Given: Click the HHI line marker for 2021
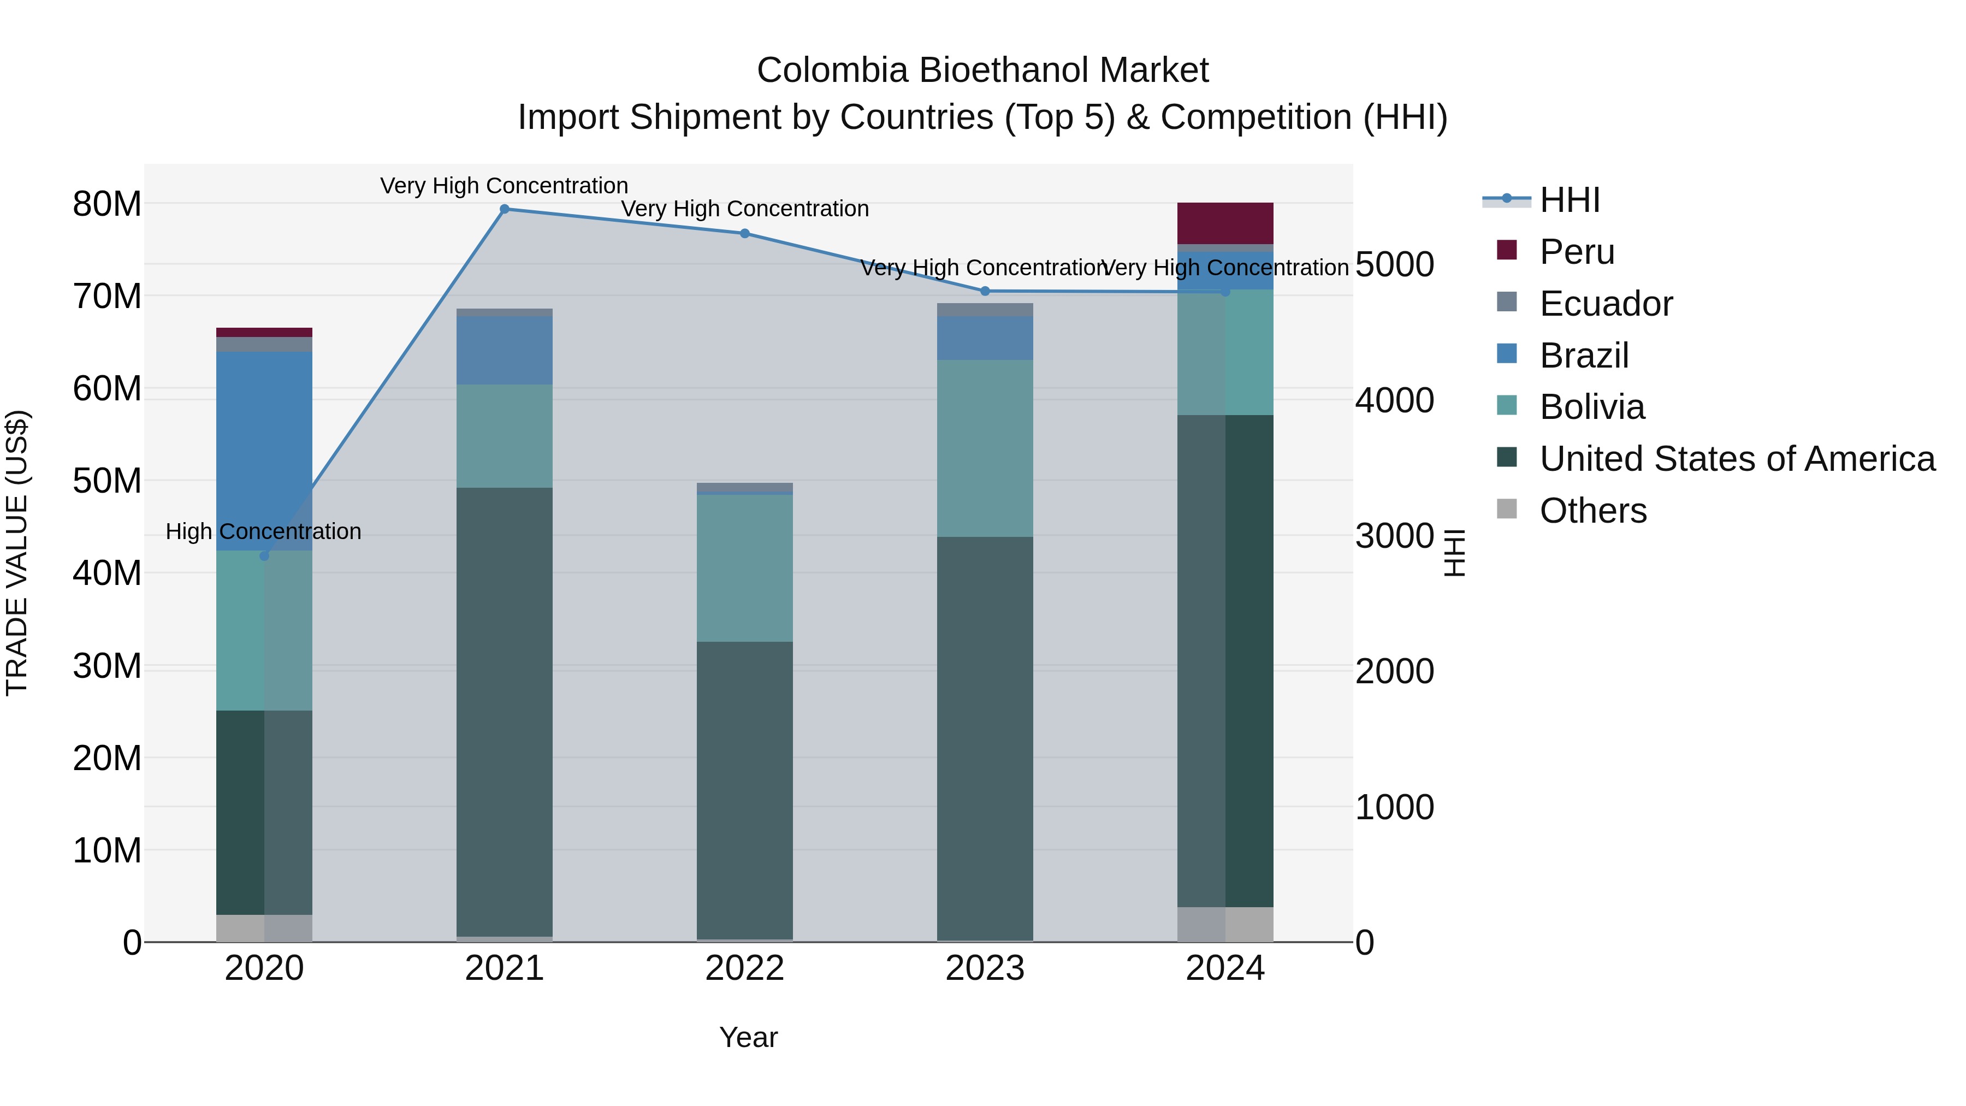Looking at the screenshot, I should click(505, 209).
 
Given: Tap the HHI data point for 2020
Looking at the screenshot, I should click(264, 555).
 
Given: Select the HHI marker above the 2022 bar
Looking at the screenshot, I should click(745, 234).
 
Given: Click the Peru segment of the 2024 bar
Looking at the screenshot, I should click(1225, 223).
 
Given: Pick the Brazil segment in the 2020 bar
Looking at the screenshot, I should click(264, 451).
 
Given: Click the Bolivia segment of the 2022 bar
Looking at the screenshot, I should click(744, 568).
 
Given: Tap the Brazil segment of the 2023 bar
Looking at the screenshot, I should click(985, 338).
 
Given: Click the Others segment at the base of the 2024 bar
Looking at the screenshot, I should click(1225, 924).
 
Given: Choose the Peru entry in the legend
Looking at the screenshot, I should click(1577, 252).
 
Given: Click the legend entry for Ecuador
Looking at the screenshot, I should click(1605, 304).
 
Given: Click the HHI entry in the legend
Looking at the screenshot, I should click(1569, 200).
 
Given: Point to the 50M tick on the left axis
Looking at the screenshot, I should click(107, 481).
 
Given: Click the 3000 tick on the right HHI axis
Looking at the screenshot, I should click(1394, 536).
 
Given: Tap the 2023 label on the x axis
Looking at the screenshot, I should click(985, 968).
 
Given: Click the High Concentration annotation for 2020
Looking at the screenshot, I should click(263, 531).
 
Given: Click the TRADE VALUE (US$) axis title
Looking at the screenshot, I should click(17, 553).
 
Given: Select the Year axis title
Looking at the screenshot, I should click(748, 1037).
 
